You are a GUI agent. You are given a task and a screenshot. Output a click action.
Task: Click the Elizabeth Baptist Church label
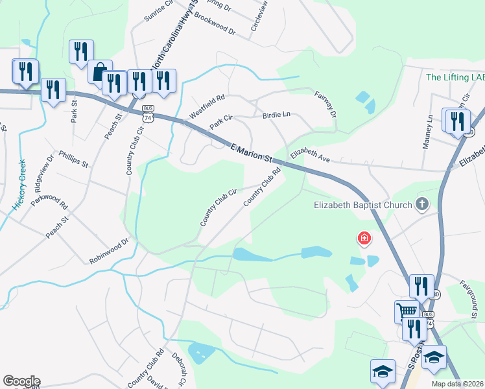click(362, 206)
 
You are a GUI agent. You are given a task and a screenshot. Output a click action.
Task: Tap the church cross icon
click(421, 205)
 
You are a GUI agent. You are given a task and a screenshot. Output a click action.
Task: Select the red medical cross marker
click(364, 239)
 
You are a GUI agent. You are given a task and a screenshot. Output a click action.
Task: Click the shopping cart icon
click(407, 311)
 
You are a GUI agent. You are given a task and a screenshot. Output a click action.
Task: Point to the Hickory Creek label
click(18, 185)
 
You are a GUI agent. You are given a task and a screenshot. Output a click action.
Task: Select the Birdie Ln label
click(276, 115)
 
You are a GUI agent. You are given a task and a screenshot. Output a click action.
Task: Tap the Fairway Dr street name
click(326, 104)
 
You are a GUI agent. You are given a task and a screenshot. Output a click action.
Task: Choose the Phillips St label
click(73, 159)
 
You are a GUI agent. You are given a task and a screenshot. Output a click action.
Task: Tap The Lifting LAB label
click(455, 77)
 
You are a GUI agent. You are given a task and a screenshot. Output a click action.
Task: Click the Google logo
click(21, 381)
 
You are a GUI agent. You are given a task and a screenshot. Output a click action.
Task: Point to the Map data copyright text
click(457, 384)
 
